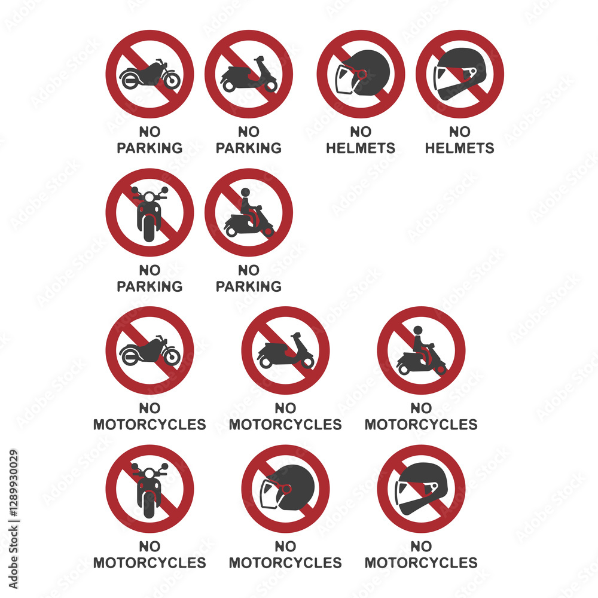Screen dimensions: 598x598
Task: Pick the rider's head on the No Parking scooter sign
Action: tap(246, 192)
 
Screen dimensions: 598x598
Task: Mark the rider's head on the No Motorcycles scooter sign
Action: tap(418, 330)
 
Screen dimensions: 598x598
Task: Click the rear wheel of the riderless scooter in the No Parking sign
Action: tap(229, 86)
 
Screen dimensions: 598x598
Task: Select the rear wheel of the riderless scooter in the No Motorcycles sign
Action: tap(266, 362)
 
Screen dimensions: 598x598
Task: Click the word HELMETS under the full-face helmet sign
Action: tap(459, 148)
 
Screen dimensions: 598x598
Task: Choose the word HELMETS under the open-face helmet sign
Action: tap(361, 148)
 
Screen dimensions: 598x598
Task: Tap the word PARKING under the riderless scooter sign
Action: tap(249, 148)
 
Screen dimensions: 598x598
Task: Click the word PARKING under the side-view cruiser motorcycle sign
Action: tap(149, 148)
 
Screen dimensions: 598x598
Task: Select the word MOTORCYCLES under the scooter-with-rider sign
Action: tap(421, 425)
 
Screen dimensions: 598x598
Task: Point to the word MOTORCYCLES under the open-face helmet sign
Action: tap(285, 563)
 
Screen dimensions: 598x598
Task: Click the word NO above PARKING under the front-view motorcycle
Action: tap(149, 270)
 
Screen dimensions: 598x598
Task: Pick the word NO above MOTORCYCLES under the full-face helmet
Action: tap(421, 547)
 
